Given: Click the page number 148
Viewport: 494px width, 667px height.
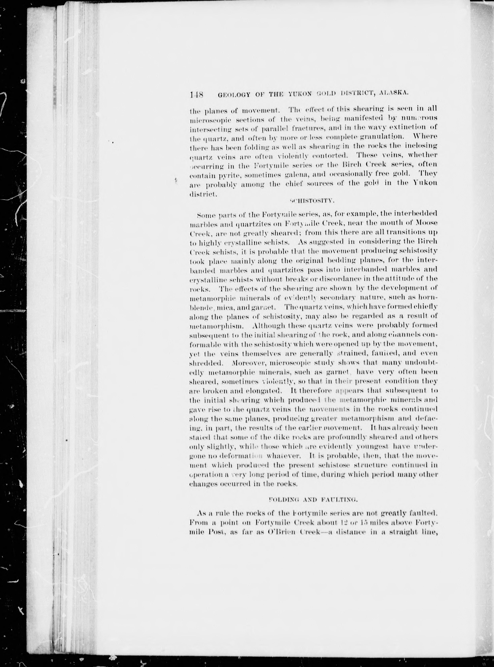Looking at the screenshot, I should coord(196,95).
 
